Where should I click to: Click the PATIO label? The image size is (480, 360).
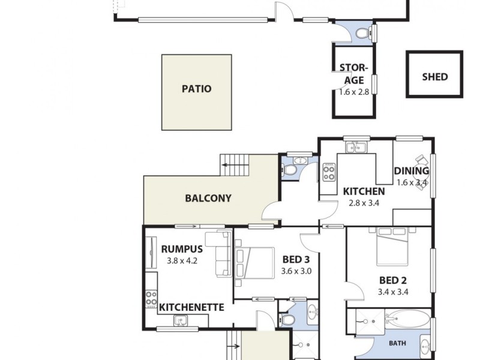point(196,89)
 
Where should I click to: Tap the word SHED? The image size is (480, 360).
point(434,77)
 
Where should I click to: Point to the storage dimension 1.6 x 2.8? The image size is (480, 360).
point(354,92)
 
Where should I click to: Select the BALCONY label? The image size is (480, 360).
point(208,198)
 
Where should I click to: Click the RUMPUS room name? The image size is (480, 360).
point(182,250)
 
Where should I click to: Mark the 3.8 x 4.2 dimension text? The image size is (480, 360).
point(182,261)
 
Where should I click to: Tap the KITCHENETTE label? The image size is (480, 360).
point(191,307)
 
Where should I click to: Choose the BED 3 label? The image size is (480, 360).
point(296,260)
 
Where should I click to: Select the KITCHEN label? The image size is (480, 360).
point(364,191)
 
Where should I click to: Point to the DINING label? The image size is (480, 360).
point(412,171)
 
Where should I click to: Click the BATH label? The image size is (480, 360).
point(397,344)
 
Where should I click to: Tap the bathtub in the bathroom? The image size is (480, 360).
point(407,318)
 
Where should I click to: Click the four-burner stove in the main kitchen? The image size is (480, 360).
point(329,173)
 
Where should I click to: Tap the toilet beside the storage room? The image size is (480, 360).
point(362,34)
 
